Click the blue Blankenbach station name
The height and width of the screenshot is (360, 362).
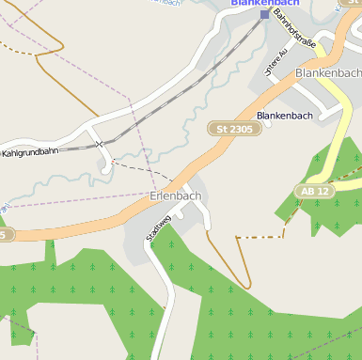coord(264,3)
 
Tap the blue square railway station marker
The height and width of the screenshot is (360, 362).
coord(264,14)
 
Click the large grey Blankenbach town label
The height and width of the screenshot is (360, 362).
coord(327,72)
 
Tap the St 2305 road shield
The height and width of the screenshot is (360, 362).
coord(233,128)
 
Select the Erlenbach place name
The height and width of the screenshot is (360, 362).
coord(176,196)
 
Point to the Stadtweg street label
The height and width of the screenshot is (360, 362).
coord(158,227)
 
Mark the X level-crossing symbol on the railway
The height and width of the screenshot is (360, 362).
coord(99,144)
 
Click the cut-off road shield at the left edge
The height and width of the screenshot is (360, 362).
coord(6,233)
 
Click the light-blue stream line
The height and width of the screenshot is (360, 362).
coord(56,188)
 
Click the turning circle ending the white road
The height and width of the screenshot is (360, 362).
coord(207,227)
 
